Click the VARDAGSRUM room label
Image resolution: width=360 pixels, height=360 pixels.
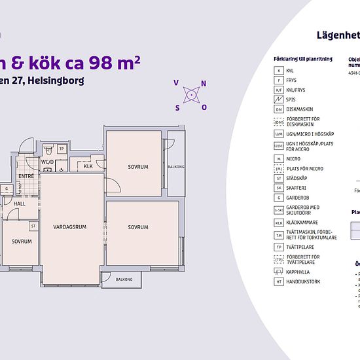[x=70, y=227]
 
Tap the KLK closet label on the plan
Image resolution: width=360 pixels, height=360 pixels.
[x=88, y=166]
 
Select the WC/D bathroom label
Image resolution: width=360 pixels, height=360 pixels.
[x=47, y=161]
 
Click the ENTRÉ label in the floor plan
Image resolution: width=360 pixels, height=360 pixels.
[x=26, y=176]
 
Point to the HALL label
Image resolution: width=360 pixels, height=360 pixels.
[x=20, y=204]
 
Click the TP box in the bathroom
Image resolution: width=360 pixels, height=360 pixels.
[x=62, y=149]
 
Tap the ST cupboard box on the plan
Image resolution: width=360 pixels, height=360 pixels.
[x=33, y=226]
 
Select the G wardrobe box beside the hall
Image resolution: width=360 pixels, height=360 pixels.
[x=6, y=189]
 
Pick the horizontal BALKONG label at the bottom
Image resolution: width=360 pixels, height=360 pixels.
[x=124, y=279]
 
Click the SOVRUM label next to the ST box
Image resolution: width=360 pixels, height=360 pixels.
[x=22, y=242]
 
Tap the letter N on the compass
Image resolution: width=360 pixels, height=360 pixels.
[x=204, y=83]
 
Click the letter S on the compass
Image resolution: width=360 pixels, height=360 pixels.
[x=177, y=107]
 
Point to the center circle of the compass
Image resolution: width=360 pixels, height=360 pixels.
[x=190, y=95]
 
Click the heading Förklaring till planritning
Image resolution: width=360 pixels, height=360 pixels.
[x=302, y=59]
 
